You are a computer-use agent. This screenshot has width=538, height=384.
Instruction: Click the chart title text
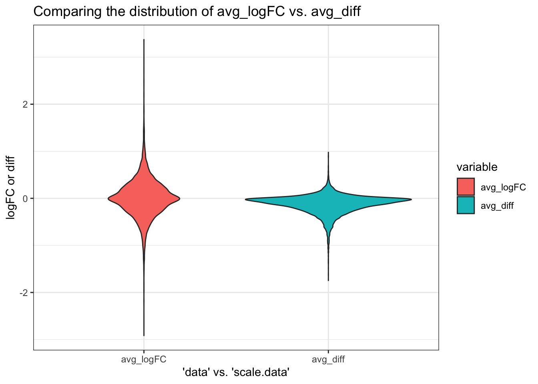[197, 12]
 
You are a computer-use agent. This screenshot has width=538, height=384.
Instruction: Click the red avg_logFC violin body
[144, 198]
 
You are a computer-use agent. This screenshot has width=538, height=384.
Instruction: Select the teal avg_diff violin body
[328, 199]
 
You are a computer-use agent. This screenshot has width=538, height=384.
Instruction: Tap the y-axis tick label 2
[26, 104]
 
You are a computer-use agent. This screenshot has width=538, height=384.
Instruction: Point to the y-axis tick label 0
[26, 198]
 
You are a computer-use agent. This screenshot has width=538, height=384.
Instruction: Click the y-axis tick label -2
[24, 293]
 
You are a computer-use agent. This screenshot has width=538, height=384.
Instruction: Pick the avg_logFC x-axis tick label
[144, 359]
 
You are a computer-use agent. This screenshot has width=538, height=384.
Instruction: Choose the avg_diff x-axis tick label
[328, 359]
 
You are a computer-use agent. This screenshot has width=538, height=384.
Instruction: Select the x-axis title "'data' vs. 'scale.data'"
[236, 372]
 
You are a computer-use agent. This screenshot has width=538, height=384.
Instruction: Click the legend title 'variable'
[477, 167]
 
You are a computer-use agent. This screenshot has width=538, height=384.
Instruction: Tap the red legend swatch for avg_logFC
[466, 187]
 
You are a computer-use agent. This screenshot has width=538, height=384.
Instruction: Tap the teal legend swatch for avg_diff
[466, 205]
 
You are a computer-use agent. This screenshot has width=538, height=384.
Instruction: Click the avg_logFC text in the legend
[503, 187]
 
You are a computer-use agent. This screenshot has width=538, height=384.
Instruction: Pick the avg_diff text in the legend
[497, 206]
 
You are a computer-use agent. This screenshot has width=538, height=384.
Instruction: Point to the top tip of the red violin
[144, 40]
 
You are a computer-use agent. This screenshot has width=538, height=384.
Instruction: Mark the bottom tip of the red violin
[144, 335]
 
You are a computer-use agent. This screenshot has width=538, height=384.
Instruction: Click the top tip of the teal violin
[328, 153]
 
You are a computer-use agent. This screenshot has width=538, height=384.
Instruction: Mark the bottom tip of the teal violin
[328, 280]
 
